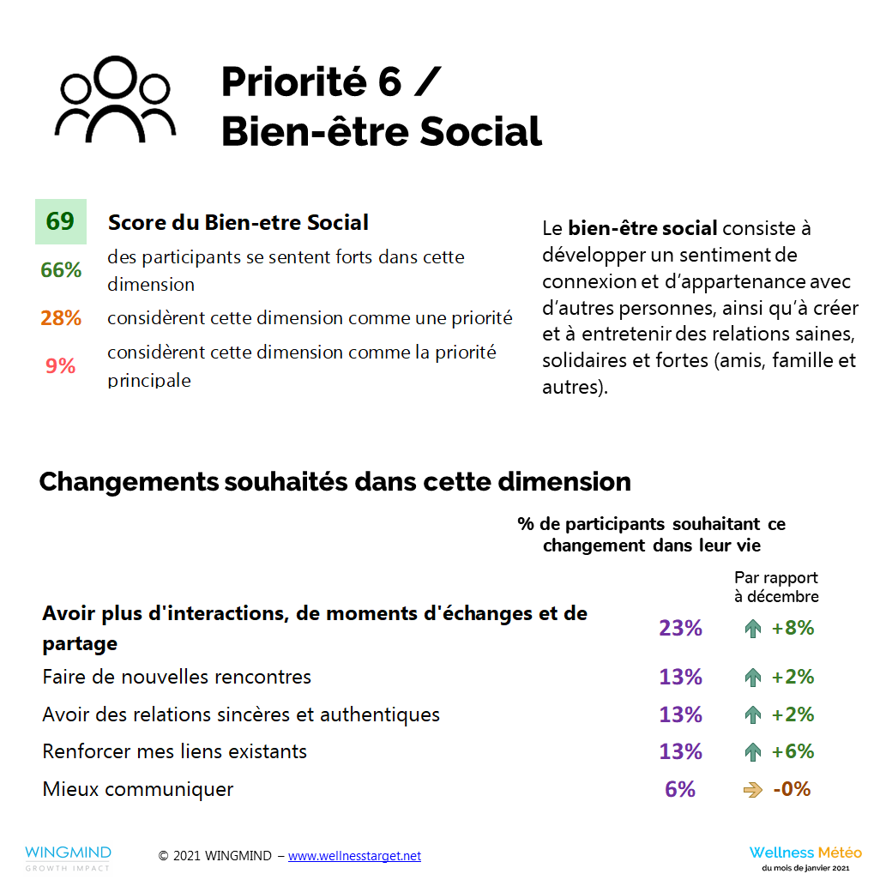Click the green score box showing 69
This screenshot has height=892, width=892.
coord(60,221)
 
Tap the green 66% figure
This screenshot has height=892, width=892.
coord(61,269)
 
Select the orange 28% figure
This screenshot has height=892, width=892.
coord(61,318)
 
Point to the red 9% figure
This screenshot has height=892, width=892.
coord(61,366)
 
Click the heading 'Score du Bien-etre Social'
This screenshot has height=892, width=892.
coord(238,223)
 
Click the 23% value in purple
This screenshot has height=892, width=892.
coord(680,628)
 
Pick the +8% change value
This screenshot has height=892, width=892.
coord(793,628)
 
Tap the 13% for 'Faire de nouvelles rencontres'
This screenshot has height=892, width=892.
coord(680,677)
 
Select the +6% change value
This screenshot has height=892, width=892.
coord(793,751)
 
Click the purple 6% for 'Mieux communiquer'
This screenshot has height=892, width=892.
coord(680,789)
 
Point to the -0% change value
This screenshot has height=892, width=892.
coord(792,789)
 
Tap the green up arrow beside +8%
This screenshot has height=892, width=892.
coord(753,629)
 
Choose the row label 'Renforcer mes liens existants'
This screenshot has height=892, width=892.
coord(175,751)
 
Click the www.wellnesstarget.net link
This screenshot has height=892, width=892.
coord(354,856)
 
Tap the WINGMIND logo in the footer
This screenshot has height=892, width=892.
coord(68,857)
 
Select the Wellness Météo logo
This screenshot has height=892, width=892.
coord(805,857)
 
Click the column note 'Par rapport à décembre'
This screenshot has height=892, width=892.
coord(776,587)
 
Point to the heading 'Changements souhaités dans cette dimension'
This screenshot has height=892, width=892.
coord(335,481)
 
